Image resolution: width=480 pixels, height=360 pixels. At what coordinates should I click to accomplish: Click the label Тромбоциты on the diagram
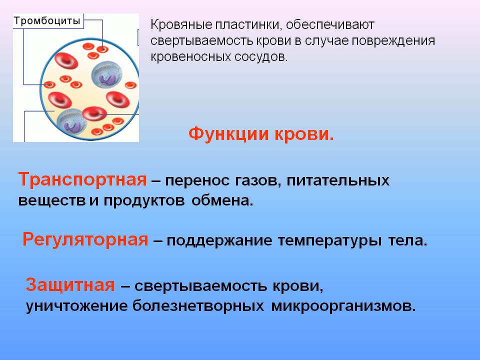pos(47,21)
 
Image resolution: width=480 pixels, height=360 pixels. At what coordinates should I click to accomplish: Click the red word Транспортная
pos(82,179)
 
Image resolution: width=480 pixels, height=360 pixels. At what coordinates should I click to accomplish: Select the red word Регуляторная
pos(85,239)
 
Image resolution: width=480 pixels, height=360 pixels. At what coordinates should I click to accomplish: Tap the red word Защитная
pos(70,284)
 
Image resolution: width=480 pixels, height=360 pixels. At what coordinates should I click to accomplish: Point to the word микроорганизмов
pos(343,306)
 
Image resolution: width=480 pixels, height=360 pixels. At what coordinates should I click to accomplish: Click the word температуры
pos(329,241)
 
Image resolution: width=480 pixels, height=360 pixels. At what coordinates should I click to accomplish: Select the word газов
pos(258,180)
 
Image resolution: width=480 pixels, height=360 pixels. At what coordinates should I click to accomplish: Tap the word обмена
pos(222,200)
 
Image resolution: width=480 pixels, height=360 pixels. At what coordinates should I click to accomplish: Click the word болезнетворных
pos(198,305)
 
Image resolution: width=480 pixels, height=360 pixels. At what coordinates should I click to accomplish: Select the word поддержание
pos(219,241)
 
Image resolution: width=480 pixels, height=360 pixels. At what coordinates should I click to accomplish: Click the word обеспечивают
pos(330,25)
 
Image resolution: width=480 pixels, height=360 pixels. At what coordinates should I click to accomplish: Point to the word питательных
pos(338,180)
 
